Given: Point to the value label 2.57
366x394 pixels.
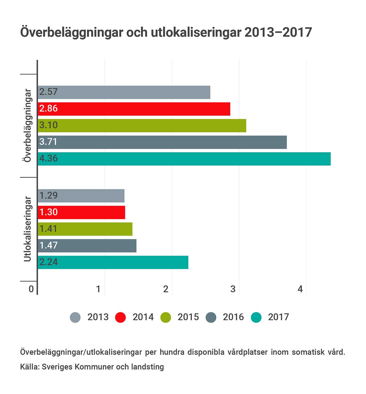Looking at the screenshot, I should coord(48,92).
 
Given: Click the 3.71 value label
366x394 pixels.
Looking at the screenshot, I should coord(48,142).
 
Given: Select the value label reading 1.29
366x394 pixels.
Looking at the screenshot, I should coord(48,195).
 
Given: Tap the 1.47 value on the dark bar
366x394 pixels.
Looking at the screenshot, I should coord(48,245).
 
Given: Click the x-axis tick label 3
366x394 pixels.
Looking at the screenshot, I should coord(233,289).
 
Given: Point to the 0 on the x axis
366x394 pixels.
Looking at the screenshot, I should coord(31,289).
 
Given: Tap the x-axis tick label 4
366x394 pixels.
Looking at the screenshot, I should coord(300,289).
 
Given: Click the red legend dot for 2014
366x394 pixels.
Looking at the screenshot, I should coord(120,317).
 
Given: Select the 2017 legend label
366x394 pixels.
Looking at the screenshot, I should coord(278,317).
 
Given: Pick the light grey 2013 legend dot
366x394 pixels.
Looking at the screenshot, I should coord(75,317).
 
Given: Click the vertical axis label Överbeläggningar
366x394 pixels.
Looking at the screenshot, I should coord(27,125).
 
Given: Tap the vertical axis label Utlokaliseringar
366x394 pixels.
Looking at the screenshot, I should coord(27,229).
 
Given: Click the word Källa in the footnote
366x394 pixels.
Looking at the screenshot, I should coord(29,367).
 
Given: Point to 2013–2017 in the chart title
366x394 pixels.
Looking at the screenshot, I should coord(278,32).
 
